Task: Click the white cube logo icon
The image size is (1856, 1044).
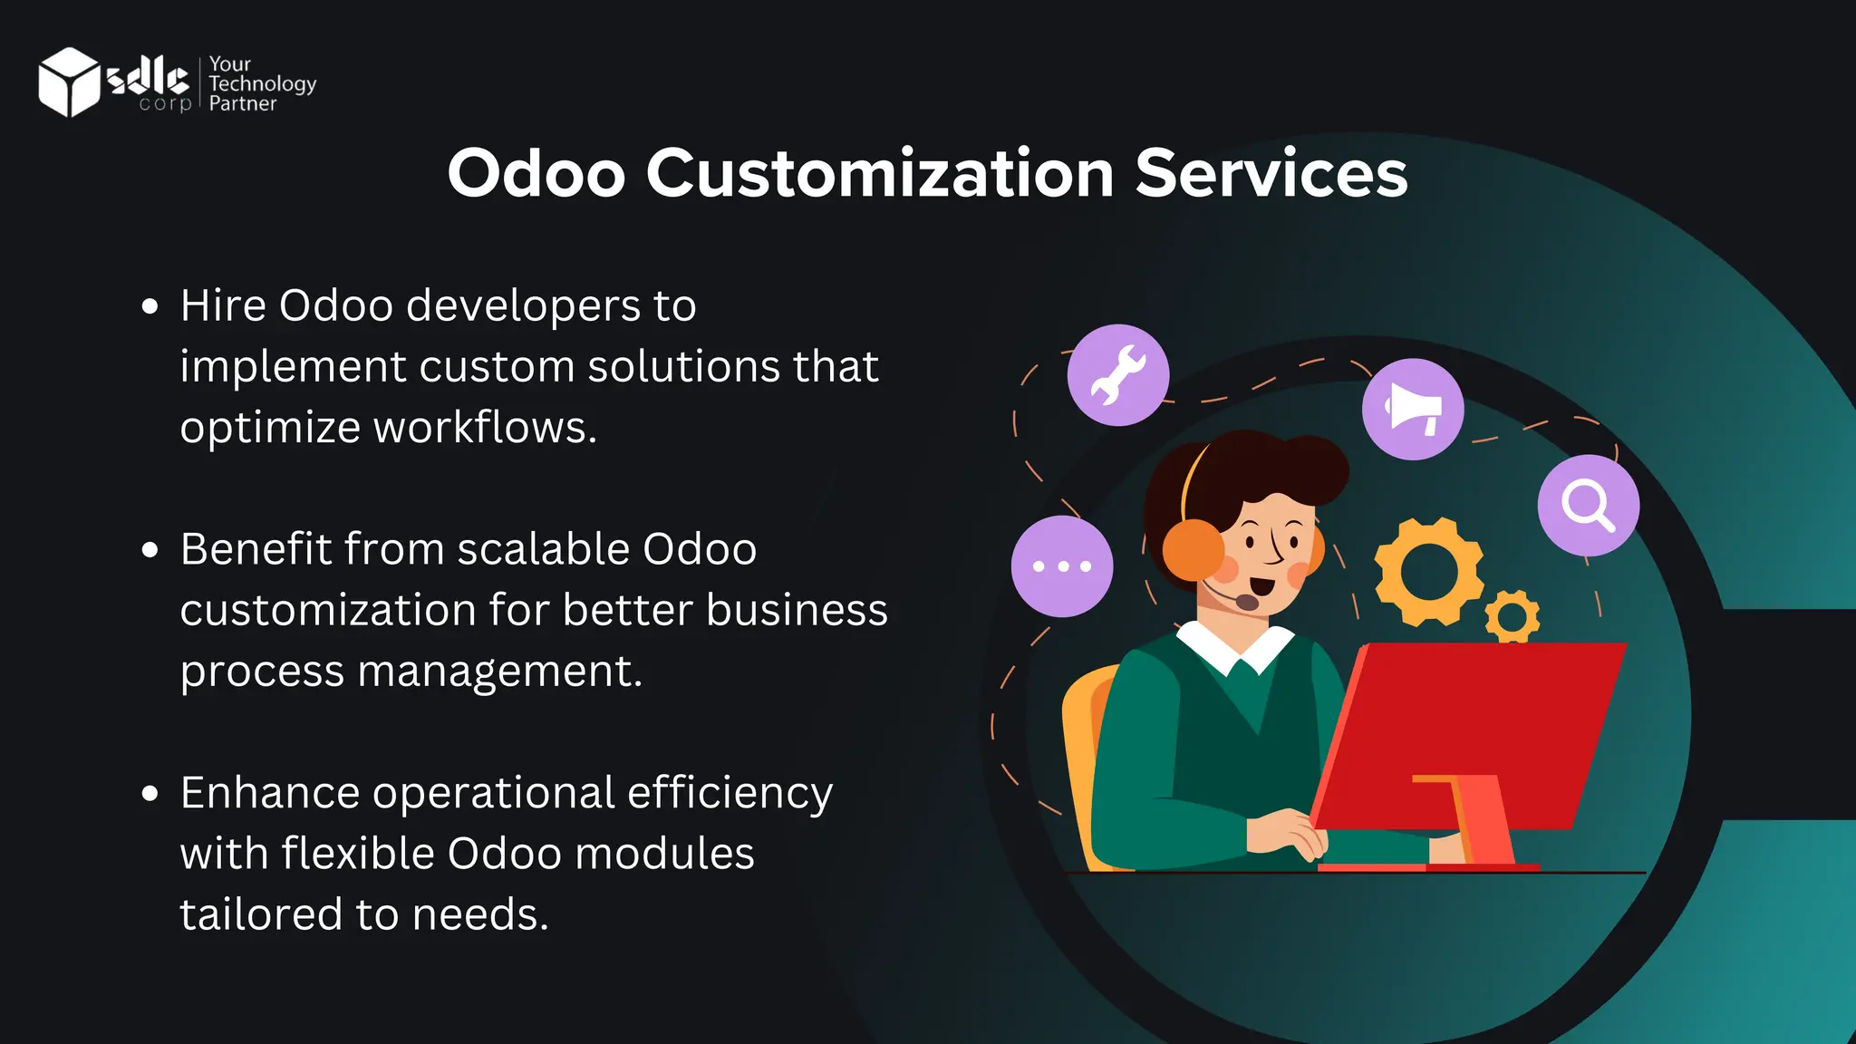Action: point(68,82)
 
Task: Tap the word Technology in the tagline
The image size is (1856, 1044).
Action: point(262,83)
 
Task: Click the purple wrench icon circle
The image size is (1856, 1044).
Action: point(1117,374)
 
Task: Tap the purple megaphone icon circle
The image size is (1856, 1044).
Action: point(1412,409)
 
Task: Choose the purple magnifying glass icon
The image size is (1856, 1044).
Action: point(1588,505)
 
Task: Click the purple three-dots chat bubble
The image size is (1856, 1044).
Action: point(1061,566)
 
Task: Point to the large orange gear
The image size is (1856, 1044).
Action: point(1428,571)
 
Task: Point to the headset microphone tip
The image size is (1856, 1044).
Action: point(1247,602)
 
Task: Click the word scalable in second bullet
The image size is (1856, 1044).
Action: point(543,548)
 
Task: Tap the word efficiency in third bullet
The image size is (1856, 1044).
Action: point(730,793)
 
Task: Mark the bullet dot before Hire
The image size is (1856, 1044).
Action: point(150,306)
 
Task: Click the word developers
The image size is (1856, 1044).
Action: point(524,306)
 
